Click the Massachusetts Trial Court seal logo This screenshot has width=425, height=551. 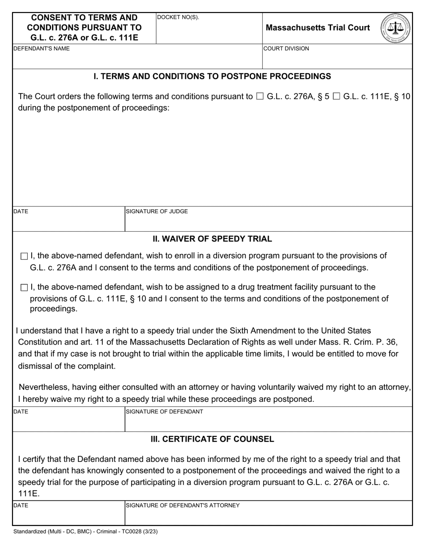pyautogui.click(x=396, y=28)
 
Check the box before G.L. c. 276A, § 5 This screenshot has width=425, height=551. pyautogui.click(x=260, y=96)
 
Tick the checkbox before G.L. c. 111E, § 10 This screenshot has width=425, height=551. pyautogui.click(x=337, y=96)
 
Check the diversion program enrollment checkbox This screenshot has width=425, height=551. pyautogui.click(x=24, y=256)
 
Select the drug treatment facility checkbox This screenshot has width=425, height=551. pyautogui.click(x=24, y=287)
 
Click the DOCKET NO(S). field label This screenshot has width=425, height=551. pyautogui.click(x=178, y=17)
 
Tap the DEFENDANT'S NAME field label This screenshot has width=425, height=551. pyautogui.click(x=42, y=48)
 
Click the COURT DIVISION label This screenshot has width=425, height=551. pyautogui.click(x=286, y=48)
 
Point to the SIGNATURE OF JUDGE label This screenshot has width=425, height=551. pyautogui.click(x=157, y=211)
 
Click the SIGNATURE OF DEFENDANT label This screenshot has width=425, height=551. pyautogui.click(x=164, y=412)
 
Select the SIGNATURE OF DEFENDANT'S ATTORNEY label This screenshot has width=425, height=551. pyautogui.click(x=183, y=505)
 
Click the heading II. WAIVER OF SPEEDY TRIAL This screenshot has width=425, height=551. pyautogui.click(x=212, y=239)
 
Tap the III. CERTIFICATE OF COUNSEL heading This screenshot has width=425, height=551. pyautogui.click(x=212, y=439)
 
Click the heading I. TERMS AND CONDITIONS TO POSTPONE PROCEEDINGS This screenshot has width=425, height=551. pyautogui.click(x=212, y=76)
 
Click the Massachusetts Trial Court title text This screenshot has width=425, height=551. pyautogui.click(x=318, y=28)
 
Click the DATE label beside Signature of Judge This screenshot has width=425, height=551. pyautogui.click(x=21, y=211)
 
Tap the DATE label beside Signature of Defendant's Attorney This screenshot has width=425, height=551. pyautogui.click(x=21, y=505)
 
